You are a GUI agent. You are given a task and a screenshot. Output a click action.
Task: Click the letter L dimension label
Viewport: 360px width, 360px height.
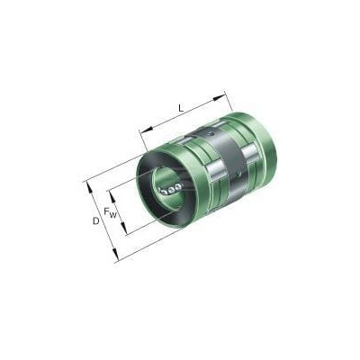[181, 107]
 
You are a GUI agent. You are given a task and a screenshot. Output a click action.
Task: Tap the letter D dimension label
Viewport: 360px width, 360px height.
[95, 221]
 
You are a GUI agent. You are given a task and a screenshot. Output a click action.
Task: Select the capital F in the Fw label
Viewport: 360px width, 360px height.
[106, 211]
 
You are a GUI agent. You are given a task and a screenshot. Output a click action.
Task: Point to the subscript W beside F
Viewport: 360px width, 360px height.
[112, 214]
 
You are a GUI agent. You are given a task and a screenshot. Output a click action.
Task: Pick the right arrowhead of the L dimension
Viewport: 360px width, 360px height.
[219, 97]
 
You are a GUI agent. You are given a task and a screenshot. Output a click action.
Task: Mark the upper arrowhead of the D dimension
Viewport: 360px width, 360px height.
[89, 187]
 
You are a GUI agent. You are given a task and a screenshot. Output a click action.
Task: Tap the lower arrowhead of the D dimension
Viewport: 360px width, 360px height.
[114, 255]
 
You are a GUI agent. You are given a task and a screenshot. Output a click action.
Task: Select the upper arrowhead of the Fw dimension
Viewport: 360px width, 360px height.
[112, 197]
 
